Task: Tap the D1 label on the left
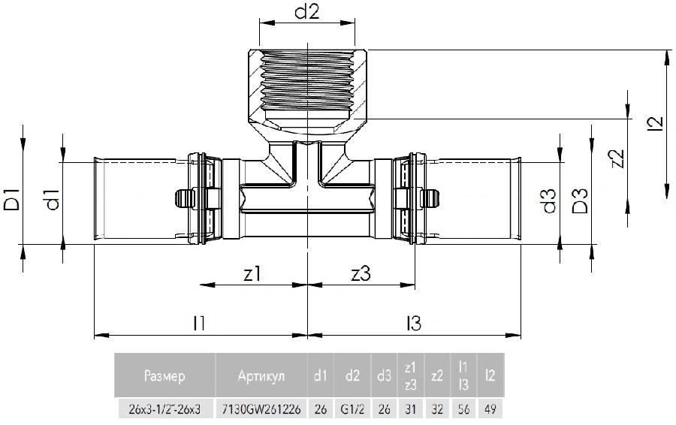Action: tap(11, 199)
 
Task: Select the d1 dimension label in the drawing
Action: tap(53, 199)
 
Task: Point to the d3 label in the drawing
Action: tap(549, 201)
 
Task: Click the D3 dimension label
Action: tap(580, 201)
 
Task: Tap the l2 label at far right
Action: tap(656, 123)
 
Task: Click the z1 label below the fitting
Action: tap(252, 274)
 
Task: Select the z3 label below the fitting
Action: tap(361, 274)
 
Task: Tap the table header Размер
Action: tap(164, 376)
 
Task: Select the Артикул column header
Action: tap(261, 376)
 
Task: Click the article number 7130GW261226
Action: tap(261, 408)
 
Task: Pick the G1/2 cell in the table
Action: tap(352, 408)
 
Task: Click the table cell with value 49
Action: tap(490, 408)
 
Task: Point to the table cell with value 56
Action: tap(464, 408)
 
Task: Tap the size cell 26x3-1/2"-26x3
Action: tap(164, 408)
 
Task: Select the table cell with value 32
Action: tap(437, 408)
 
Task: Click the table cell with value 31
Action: tap(410, 408)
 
